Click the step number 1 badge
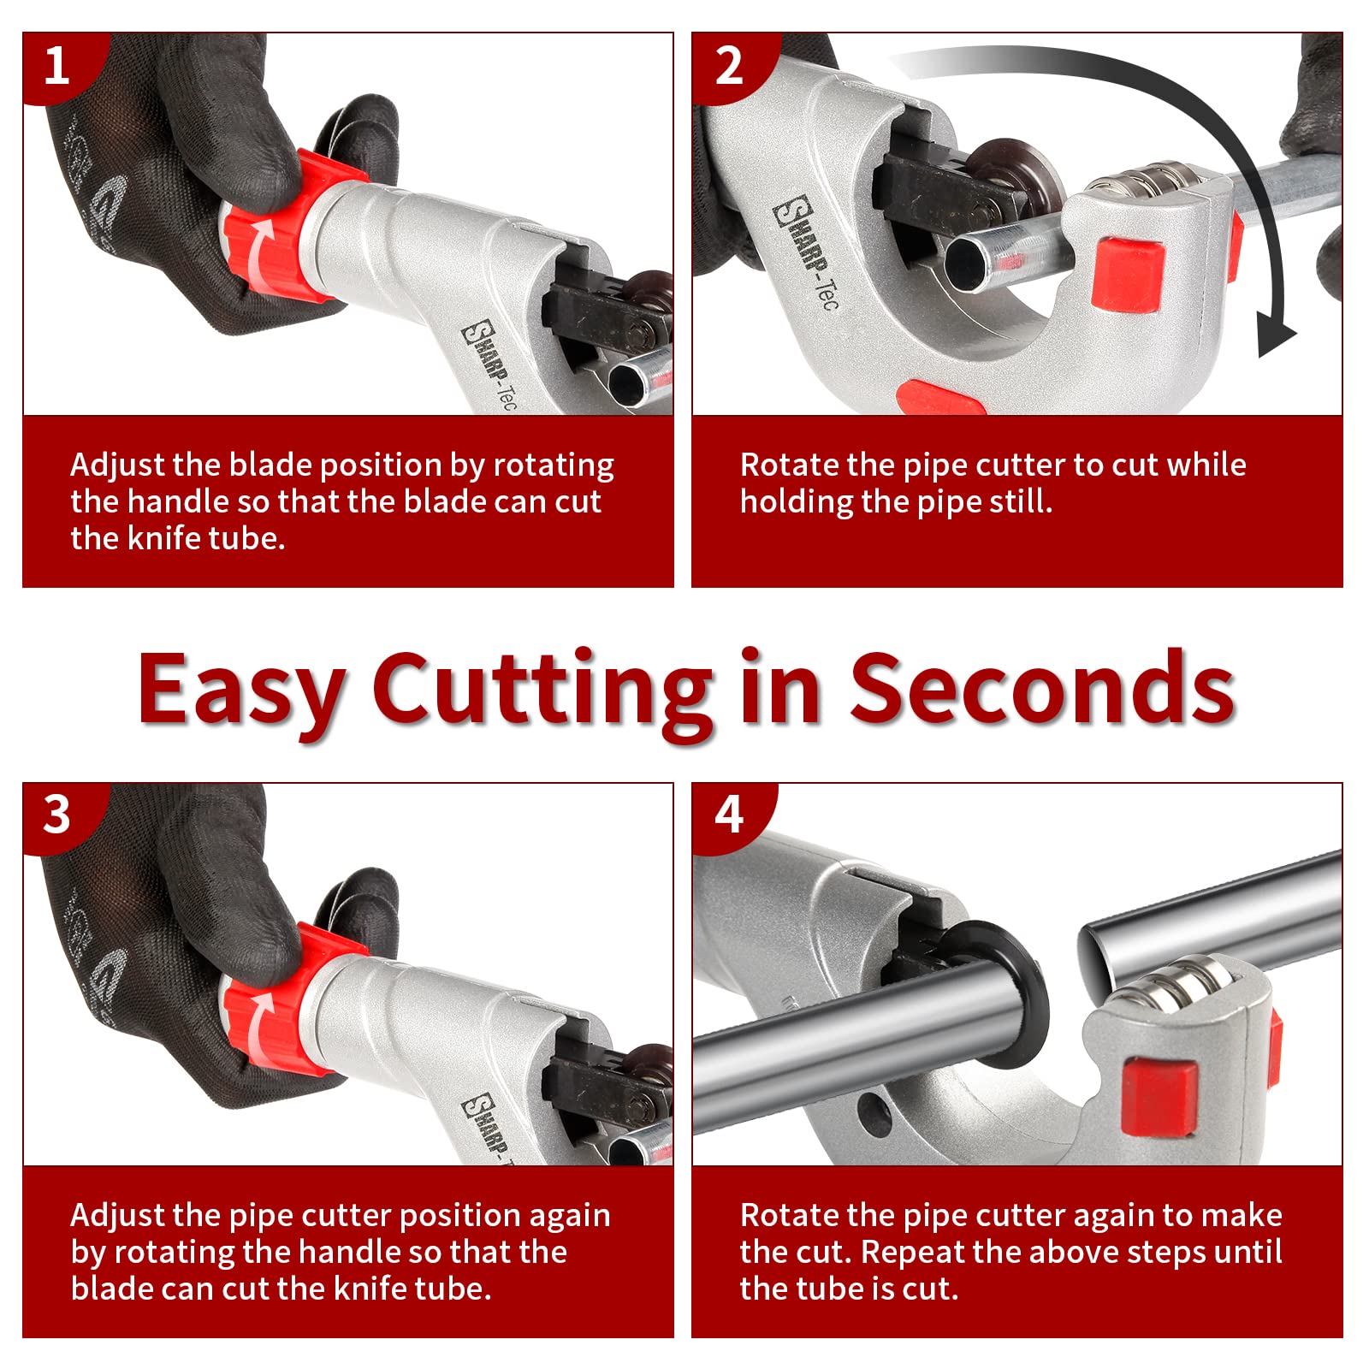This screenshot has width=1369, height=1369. click(56, 66)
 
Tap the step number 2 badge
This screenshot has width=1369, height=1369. click(728, 66)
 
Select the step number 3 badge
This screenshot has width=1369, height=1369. click(56, 815)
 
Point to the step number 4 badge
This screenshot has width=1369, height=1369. click(728, 815)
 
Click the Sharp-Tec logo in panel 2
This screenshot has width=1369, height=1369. click(804, 252)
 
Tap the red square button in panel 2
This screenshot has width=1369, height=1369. click(1128, 274)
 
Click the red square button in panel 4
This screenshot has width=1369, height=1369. click(1160, 1098)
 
